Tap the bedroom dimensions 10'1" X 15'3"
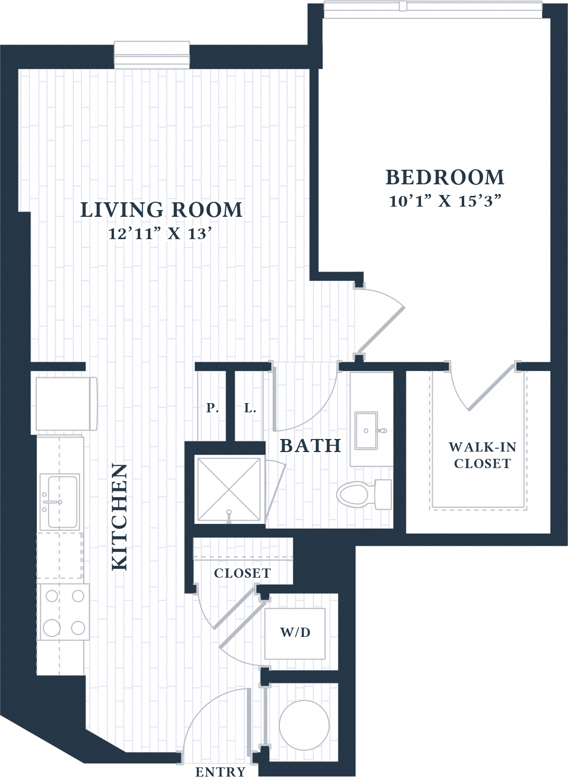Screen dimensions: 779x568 point(445,201)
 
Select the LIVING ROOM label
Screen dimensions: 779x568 point(161,210)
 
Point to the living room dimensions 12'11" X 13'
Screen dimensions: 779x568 point(161,234)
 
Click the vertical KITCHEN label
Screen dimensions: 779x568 point(119,517)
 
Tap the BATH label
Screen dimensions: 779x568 point(310,445)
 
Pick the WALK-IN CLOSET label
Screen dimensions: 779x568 point(482,455)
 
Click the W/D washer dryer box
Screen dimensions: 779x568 point(295,633)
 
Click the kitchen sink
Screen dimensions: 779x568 point(62,502)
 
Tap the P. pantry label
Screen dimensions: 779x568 point(212,408)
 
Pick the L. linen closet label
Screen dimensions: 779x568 point(250,408)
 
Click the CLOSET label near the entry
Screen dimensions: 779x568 point(242,573)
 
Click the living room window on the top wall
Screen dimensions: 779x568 point(151,53)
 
